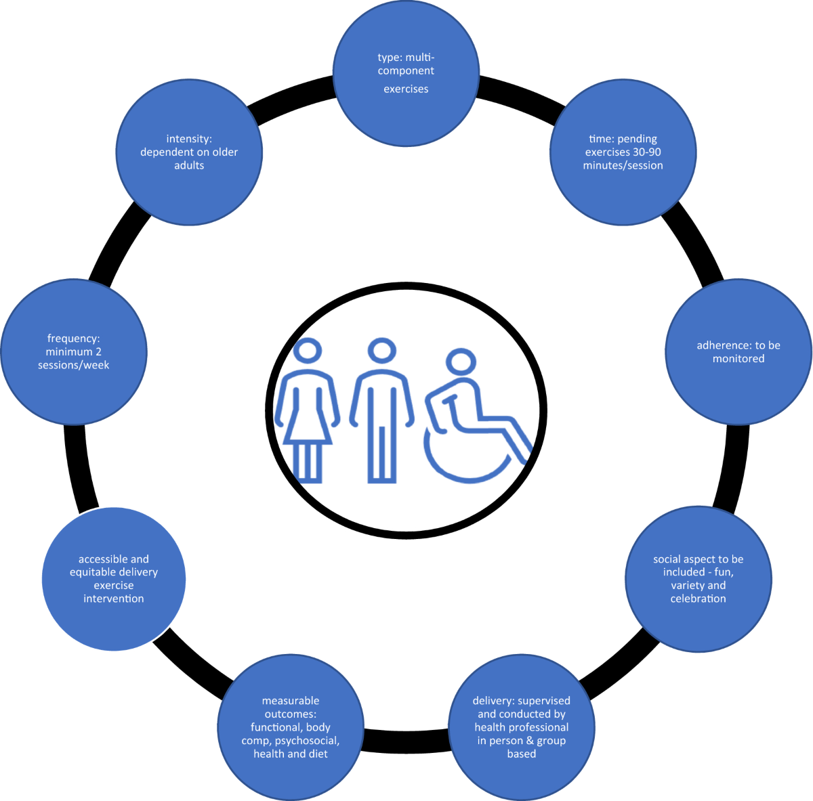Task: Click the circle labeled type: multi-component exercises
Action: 406,72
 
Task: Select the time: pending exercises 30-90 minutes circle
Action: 623,152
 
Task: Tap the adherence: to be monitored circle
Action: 738,352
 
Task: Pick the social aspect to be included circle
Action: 698,579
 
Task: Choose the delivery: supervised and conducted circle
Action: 522,727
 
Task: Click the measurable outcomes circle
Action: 290,727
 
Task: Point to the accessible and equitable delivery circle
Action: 114,579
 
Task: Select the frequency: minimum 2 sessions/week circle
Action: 74,352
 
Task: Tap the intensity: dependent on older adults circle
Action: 189,152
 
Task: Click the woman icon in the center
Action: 308,413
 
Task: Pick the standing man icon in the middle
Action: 381,413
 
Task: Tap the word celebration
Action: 698,599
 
